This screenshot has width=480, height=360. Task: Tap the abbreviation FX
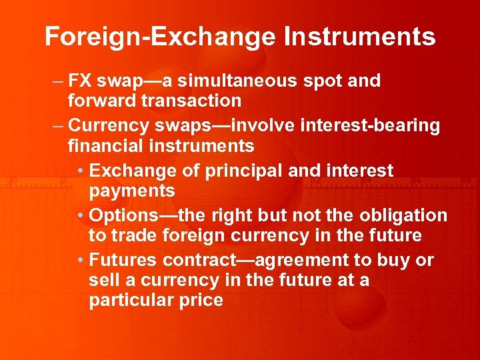point(81,81)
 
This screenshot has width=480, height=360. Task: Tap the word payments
point(131,191)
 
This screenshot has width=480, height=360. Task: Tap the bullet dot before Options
point(80,216)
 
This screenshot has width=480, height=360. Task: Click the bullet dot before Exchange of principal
point(80,171)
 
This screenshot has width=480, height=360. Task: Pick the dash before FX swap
point(57,81)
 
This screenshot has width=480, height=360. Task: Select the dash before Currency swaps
point(57,125)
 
